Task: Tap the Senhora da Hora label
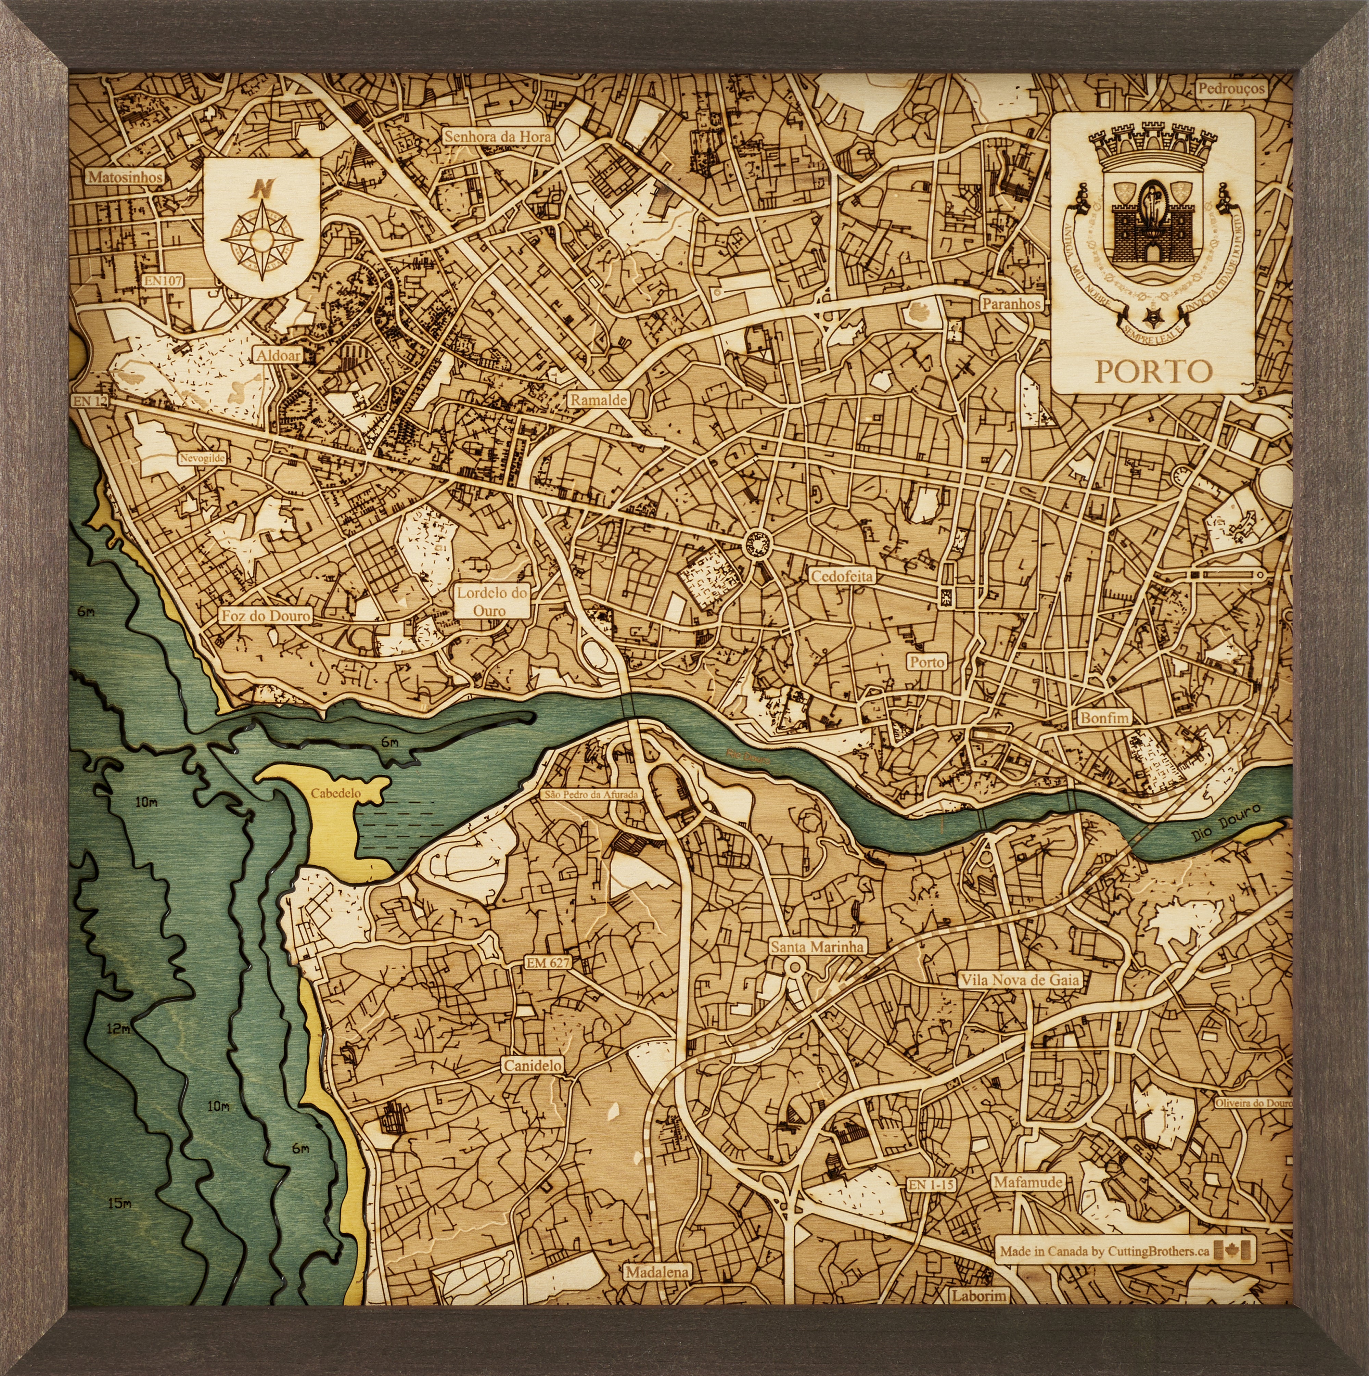tap(497, 136)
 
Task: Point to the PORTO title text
tap(1152, 371)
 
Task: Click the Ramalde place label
tap(598, 400)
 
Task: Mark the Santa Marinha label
tap(817, 946)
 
